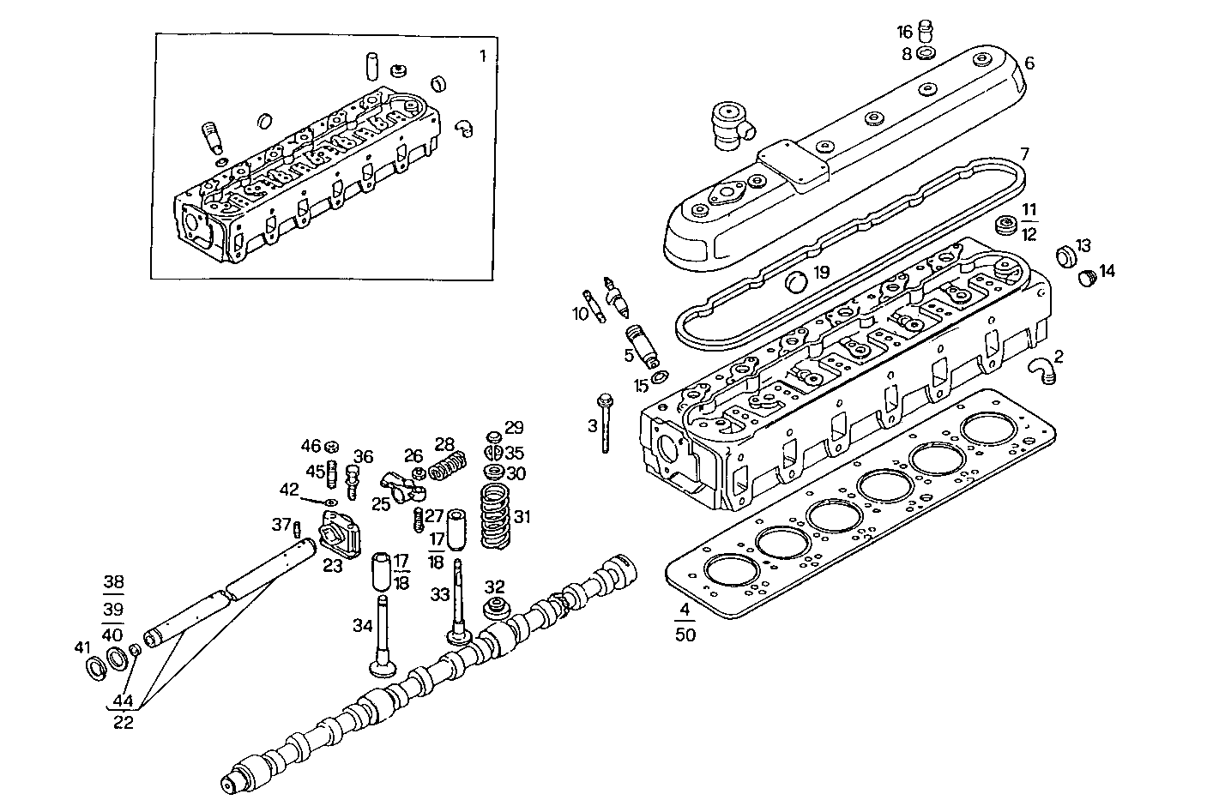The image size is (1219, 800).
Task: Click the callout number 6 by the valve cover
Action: tap(1029, 63)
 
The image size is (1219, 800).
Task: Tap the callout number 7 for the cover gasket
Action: tap(1023, 154)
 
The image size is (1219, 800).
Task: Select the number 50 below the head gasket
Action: tap(685, 635)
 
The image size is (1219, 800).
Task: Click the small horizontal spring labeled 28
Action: tap(446, 467)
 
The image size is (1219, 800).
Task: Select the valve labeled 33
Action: tap(460, 609)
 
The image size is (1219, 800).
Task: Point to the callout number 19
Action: tap(822, 273)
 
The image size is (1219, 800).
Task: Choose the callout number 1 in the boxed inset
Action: tap(482, 57)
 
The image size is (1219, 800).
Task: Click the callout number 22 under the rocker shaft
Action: tap(124, 722)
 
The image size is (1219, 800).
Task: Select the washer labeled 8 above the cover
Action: tap(926, 53)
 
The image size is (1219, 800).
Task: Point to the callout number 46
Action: tap(310, 445)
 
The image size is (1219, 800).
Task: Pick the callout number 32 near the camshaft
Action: tap(494, 587)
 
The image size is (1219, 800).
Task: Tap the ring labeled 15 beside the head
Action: tap(659, 378)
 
